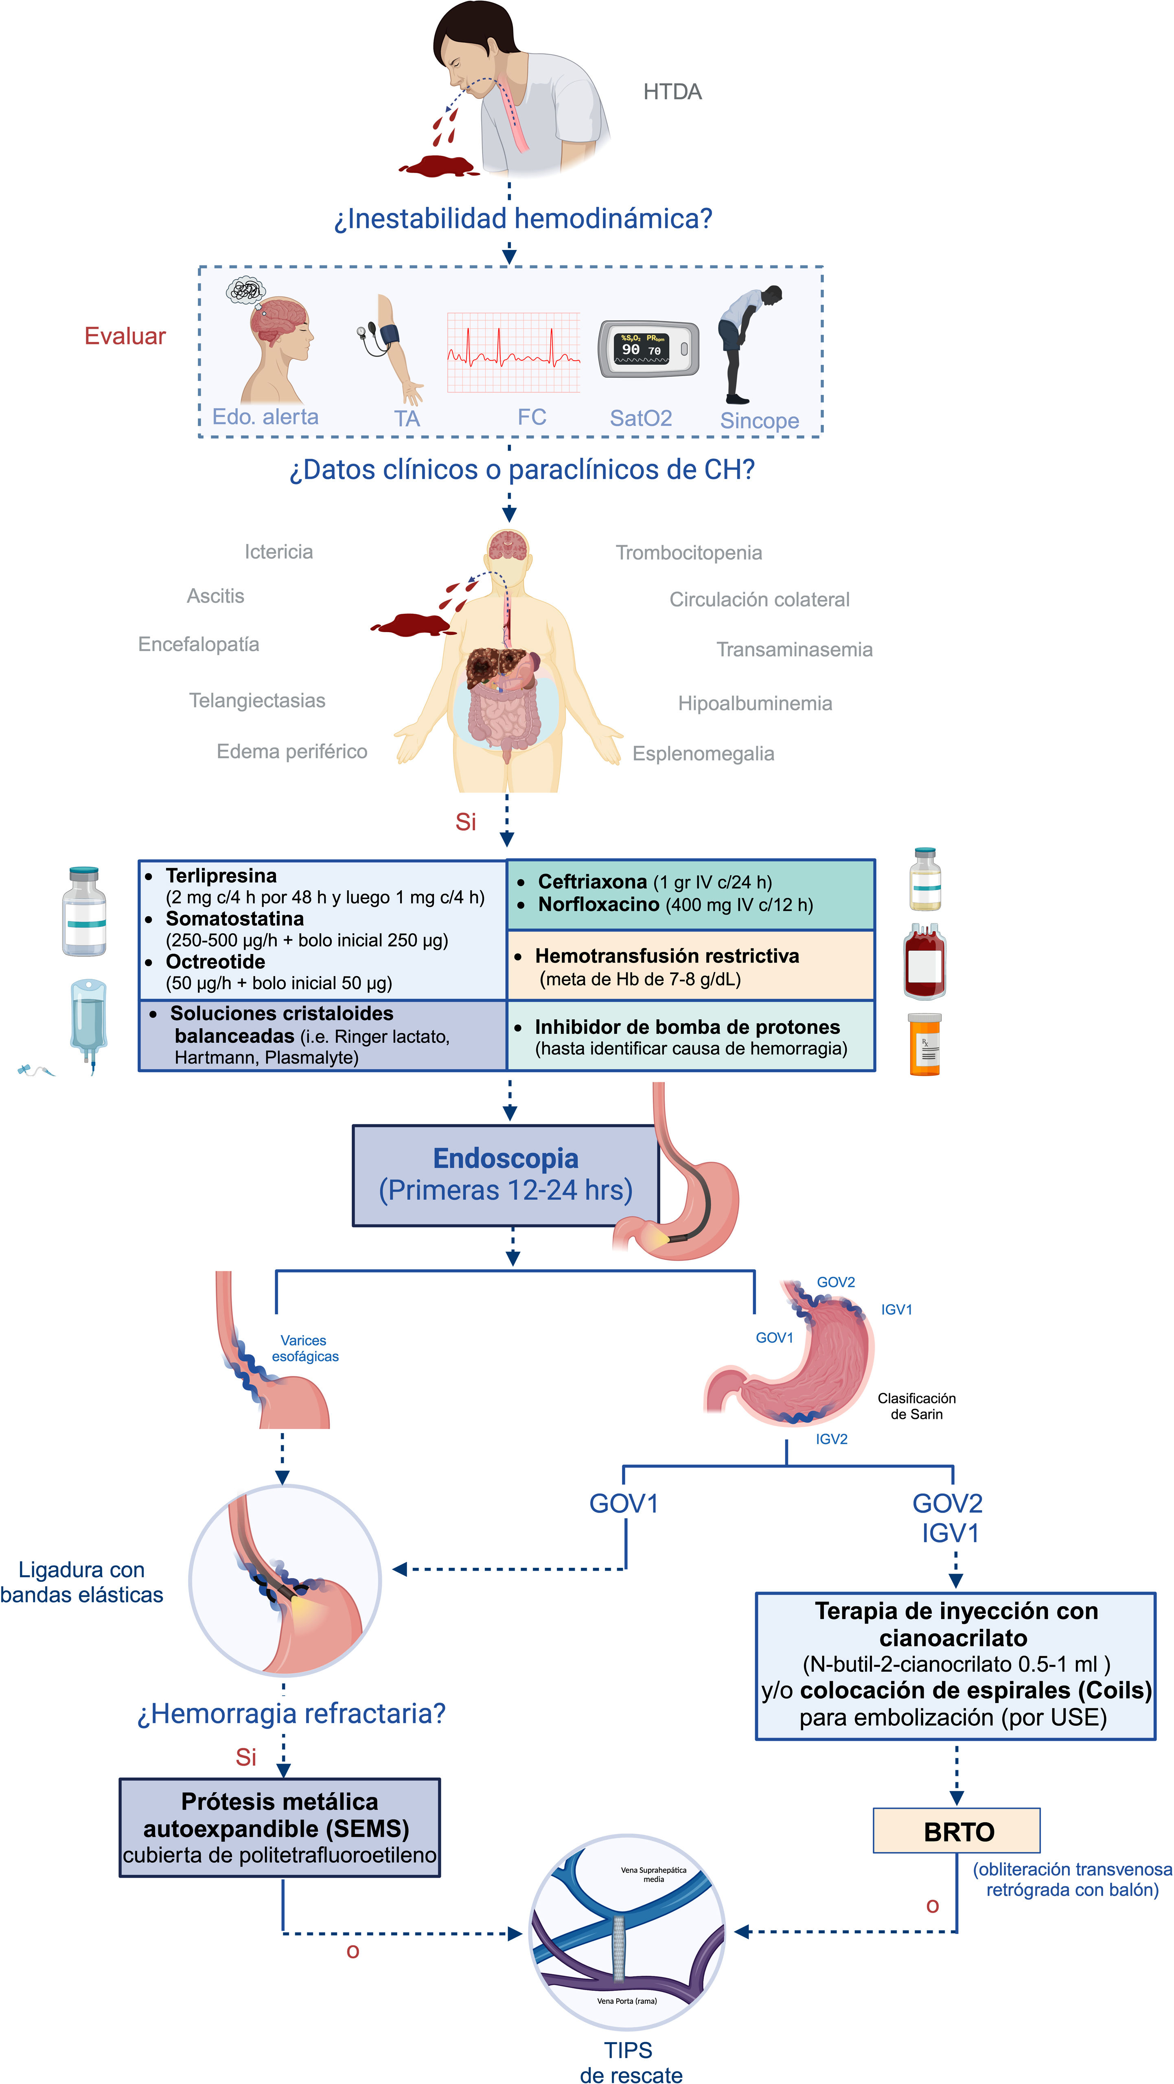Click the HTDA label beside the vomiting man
(x=672, y=92)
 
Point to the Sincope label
(x=759, y=421)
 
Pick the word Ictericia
(x=278, y=552)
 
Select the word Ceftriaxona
(x=592, y=882)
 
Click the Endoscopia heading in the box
(x=506, y=1158)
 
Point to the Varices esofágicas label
(x=304, y=1348)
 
